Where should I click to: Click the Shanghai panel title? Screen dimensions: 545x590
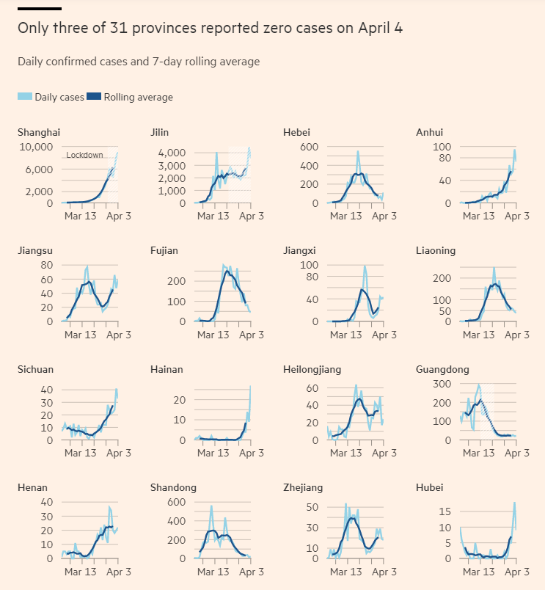click(39, 133)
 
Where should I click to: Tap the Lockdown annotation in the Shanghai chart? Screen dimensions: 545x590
click(84, 155)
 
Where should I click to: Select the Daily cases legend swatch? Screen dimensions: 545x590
click(25, 96)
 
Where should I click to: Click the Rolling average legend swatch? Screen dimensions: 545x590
click(94, 96)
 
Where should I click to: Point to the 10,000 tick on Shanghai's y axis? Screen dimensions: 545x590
click(36, 147)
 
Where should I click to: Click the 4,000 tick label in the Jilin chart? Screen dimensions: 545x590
click(172, 153)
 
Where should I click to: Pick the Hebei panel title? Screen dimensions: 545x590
click(297, 132)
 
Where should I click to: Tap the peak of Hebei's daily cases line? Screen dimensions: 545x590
click(358, 151)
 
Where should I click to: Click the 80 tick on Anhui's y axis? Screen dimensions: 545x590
click(445, 158)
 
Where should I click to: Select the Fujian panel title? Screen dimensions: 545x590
click(164, 250)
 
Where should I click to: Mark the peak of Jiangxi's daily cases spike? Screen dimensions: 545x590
click(365, 266)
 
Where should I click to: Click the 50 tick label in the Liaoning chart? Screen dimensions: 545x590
click(445, 311)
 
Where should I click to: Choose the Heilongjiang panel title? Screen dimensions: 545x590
click(312, 370)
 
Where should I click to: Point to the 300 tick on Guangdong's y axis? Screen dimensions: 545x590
click(442, 384)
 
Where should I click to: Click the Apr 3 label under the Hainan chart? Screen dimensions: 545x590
click(252, 453)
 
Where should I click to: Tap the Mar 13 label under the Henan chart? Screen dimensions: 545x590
click(81, 572)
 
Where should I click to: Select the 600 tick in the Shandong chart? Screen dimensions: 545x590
click(176, 502)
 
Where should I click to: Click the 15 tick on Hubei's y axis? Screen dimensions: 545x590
click(445, 511)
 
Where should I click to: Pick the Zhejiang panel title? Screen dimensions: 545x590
click(303, 488)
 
